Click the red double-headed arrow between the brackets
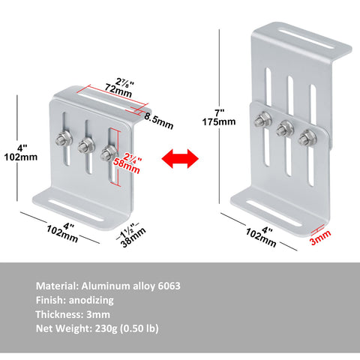180,158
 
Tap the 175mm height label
219,122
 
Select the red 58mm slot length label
127,166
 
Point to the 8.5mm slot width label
159,121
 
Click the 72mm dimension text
118,91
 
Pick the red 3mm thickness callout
321,237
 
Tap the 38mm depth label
133,237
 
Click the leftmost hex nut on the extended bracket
262,119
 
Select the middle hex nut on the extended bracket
285,128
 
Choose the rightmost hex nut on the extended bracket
307,137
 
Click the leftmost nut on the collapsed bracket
64,138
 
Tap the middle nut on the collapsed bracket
86,145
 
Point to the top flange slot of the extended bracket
306,40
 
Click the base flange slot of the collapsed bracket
76,211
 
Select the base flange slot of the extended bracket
274,213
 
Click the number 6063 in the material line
169,286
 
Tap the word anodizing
91,300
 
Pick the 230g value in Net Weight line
106,328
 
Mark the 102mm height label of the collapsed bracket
21,157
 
